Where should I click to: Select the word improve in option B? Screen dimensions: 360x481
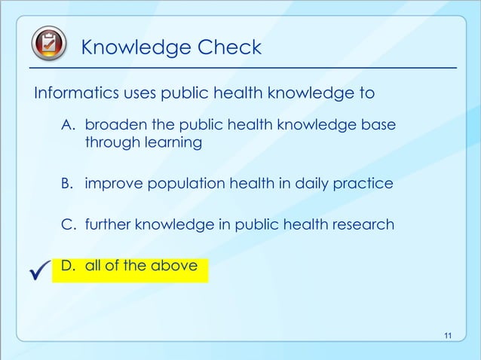click(x=112, y=183)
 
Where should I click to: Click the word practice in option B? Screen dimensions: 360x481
click(x=365, y=183)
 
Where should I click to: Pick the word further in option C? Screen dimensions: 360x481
click(x=109, y=224)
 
